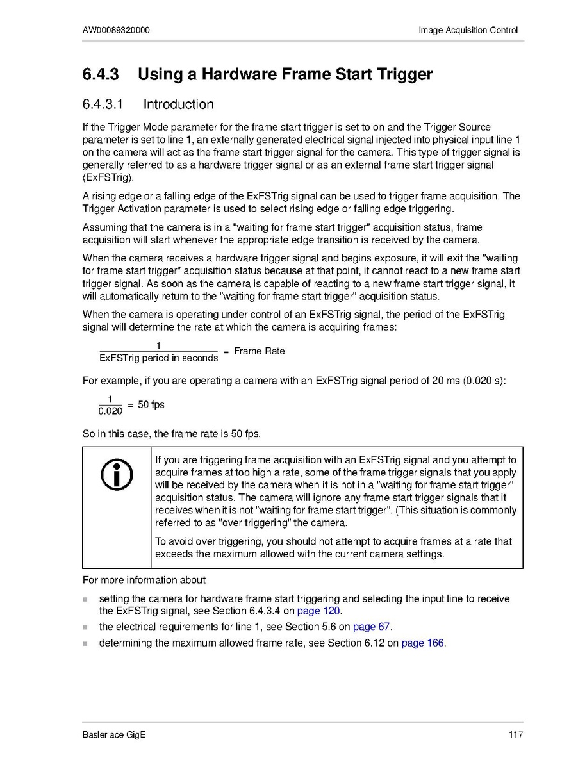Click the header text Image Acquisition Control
[468, 30]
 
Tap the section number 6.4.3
[101, 74]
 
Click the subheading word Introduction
[178, 104]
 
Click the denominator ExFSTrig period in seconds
[159, 358]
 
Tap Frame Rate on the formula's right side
[260, 351]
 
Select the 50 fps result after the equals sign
[151, 405]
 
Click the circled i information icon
[117, 475]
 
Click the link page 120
[318, 611]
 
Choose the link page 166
[422, 643]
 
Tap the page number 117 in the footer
[516, 734]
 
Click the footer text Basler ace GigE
[114, 734]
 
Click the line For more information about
[144, 581]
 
